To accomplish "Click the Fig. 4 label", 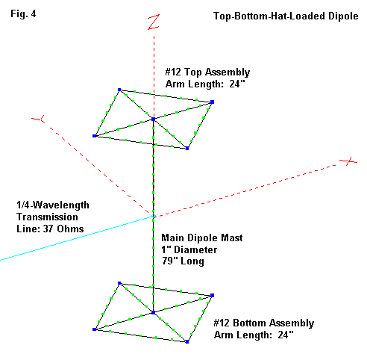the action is point(23,14).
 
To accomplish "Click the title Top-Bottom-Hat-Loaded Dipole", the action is point(286,16).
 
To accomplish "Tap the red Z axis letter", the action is point(154,22).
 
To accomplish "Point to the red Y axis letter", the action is point(39,119).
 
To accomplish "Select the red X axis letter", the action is point(349,161).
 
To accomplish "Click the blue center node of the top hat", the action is point(154,120).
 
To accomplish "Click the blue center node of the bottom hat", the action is point(154,312).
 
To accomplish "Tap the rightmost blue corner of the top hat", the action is point(212,102).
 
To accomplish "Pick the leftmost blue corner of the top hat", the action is point(95,136).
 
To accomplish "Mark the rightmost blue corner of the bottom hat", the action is point(212,295).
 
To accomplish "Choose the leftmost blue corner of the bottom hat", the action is point(95,329).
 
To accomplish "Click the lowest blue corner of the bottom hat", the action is point(187,342).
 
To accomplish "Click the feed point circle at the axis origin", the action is point(154,216).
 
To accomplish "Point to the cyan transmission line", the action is point(77,238).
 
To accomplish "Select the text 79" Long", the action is point(183,261).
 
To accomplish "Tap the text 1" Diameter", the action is point(189,249).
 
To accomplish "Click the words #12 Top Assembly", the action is point(207,72).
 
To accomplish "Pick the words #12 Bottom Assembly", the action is point(264,323).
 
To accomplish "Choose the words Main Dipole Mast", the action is point(202,238).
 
